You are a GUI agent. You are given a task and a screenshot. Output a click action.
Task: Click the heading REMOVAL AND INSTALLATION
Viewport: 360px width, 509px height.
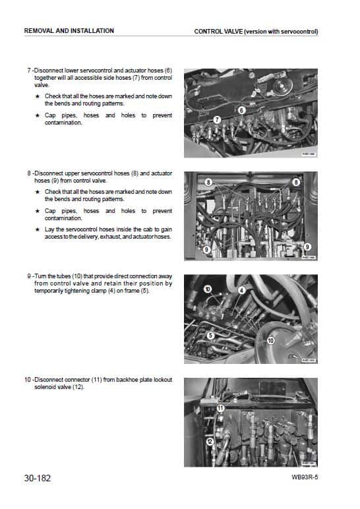[69, 31]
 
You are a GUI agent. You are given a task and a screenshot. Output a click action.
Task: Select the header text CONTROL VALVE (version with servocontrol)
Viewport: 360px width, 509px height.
[256, 31]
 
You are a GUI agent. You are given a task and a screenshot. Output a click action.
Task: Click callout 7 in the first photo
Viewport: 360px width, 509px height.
[217, 119]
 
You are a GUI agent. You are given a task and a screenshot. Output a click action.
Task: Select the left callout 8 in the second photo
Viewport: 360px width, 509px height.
[208, 181]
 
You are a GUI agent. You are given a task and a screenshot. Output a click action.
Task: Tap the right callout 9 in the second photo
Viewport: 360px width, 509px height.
[307, 245]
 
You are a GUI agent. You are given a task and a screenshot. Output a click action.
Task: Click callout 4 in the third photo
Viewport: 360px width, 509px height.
[241, 290]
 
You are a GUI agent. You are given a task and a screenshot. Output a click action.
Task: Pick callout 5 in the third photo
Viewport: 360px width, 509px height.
[210, 335]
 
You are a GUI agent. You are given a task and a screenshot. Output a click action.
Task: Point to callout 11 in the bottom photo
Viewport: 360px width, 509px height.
[220, 409]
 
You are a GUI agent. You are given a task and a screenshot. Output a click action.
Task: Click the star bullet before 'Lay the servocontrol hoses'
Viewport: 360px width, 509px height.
[38, 230]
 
